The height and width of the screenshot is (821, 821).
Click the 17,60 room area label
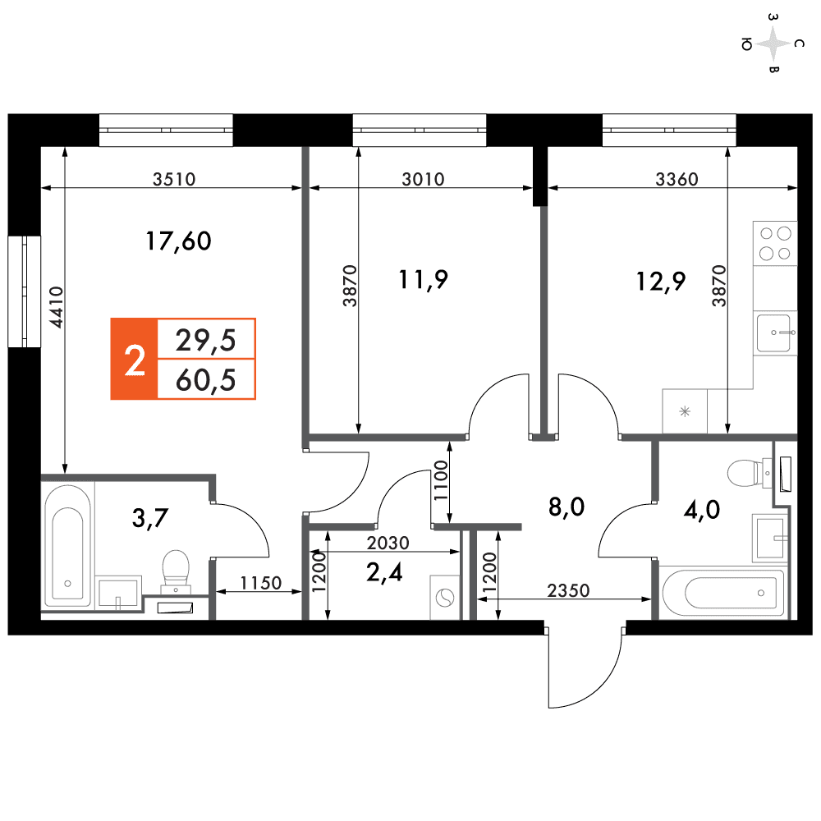click(178, 241)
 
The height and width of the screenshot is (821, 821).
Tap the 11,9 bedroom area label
click(423, 280)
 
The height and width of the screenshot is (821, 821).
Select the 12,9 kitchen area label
click(660, 282)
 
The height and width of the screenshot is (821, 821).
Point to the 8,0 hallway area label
click(566, 507)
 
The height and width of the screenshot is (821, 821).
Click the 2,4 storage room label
click(384, 573)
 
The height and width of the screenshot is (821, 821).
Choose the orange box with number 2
click(134, 360)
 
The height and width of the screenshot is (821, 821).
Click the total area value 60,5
click(206, 380)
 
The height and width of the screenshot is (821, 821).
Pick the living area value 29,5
click(206, 341)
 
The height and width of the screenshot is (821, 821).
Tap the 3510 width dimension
click(174, 180)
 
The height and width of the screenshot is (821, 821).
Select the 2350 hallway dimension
click(568, 590)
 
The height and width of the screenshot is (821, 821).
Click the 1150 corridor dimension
click(261, 583)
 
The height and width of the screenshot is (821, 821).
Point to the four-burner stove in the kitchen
click(775, 244)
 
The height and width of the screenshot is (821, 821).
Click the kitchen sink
click(775, 333)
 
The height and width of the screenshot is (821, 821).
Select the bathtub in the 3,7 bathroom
click(67, 546)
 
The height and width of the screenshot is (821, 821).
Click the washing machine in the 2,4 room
click(445, 598)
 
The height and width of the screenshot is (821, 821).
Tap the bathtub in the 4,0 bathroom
click(722, 593)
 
